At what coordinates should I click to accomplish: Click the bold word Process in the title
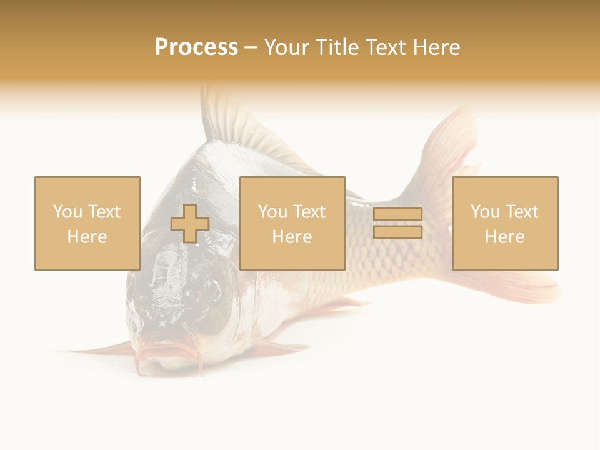196,47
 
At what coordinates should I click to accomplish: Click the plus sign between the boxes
190,224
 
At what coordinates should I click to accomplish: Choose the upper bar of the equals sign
397,214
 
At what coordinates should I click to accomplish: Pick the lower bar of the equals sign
397,232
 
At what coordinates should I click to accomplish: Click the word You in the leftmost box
67,212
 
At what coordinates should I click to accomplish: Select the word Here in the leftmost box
87,237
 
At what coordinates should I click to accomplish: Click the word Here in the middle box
292,237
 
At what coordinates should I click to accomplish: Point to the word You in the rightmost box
485,212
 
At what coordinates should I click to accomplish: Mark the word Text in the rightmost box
522,212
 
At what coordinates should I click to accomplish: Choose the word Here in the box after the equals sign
504,237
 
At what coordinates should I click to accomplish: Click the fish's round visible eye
214,289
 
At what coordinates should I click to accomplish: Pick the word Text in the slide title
386,47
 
